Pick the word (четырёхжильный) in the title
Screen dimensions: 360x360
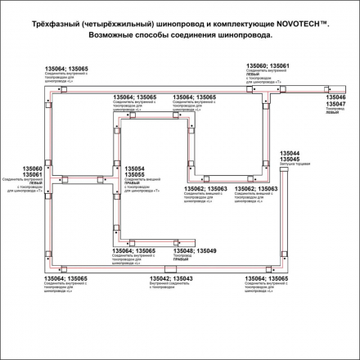pos(137,29)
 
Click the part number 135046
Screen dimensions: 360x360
pos(335,97)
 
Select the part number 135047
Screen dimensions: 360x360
pos(335,103)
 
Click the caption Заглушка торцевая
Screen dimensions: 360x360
pos(294,165)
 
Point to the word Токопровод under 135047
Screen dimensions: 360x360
pos(335,108)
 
